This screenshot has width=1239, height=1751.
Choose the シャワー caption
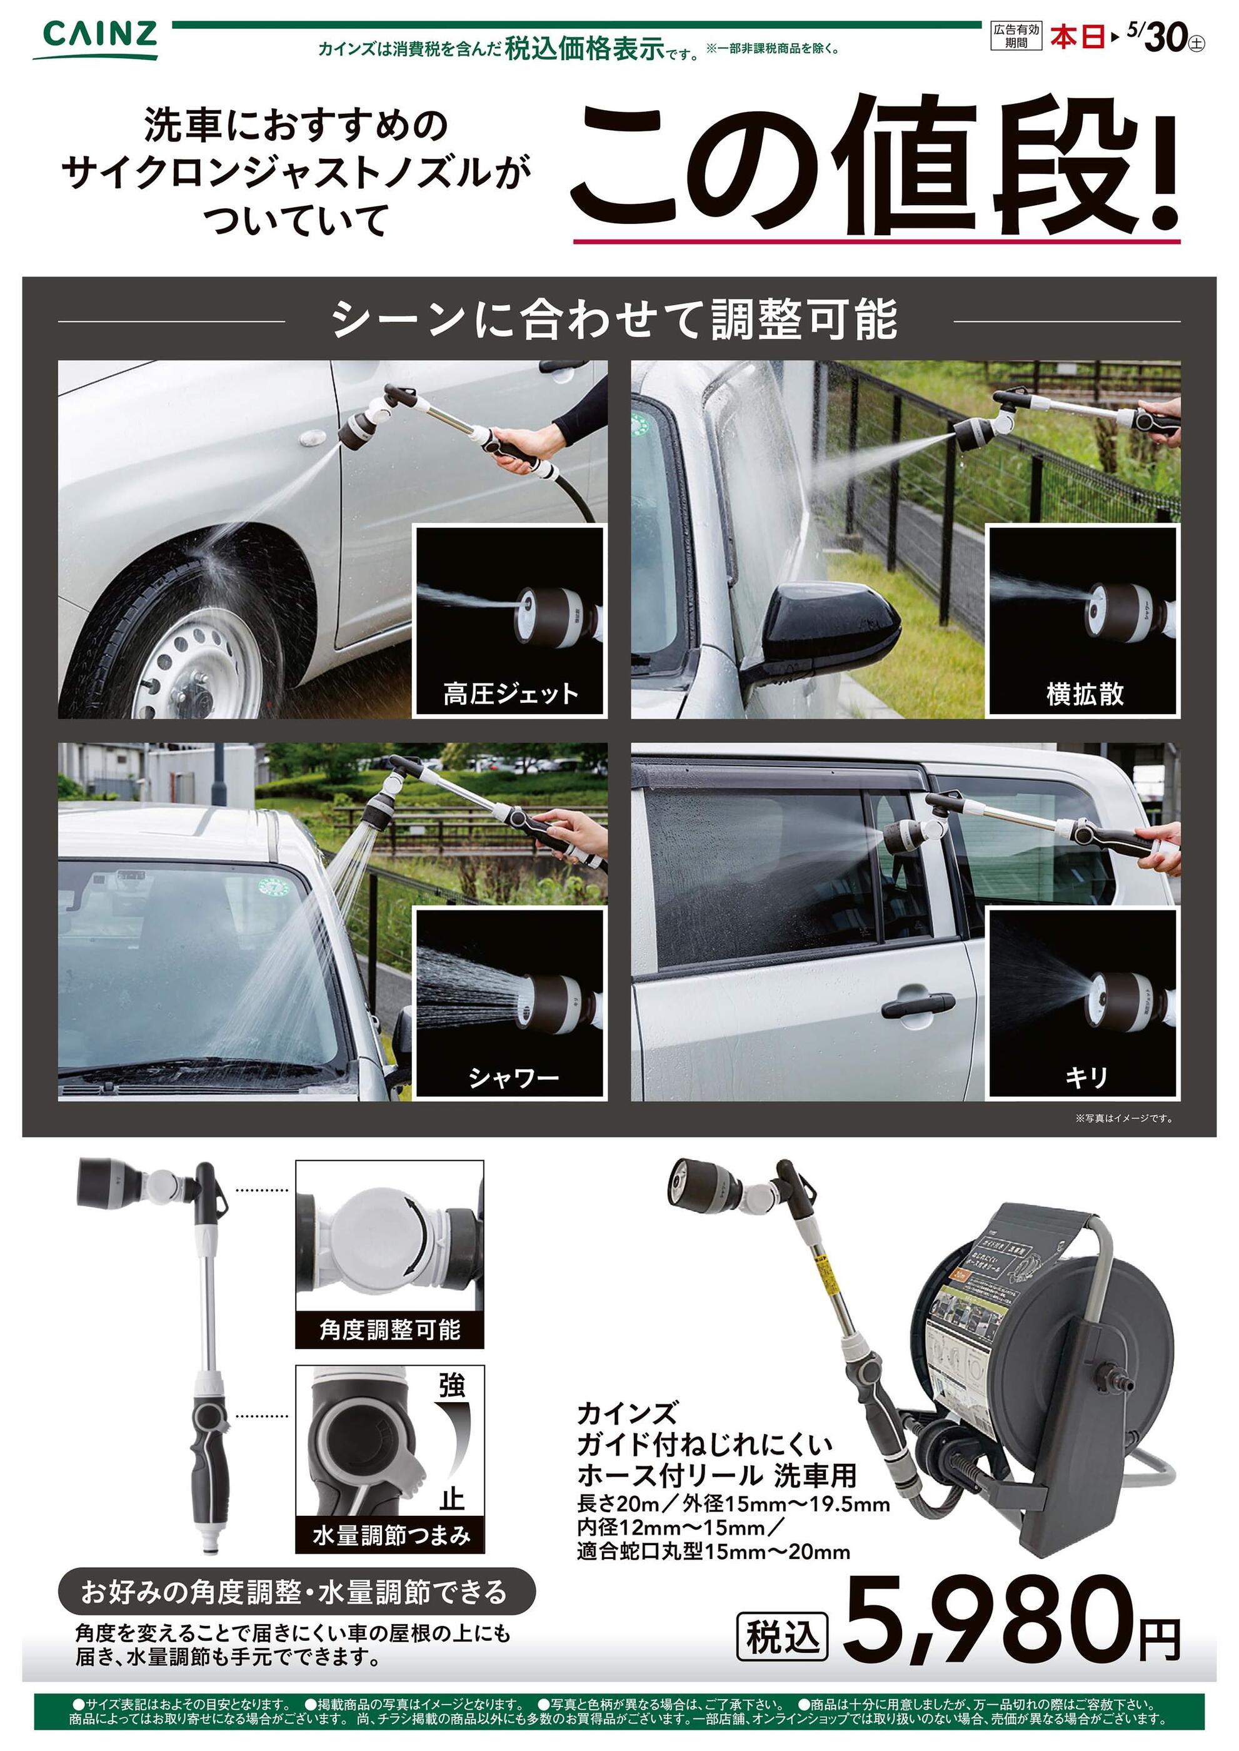click(513, 1077)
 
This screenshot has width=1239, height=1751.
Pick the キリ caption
click(1085, 1077)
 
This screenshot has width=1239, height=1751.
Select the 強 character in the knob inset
click(452, 1385)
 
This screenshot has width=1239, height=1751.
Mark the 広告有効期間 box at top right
click(1016, 36)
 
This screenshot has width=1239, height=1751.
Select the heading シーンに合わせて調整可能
click(615, 321)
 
